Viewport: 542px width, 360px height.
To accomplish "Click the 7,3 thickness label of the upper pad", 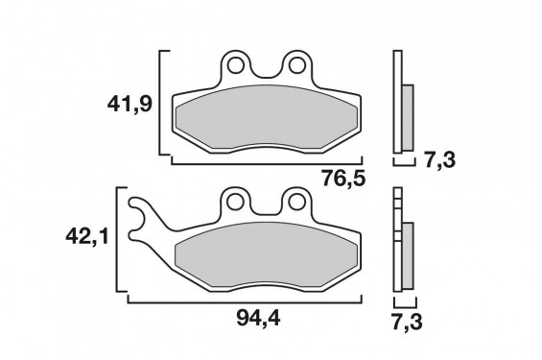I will click(x=438, y=159).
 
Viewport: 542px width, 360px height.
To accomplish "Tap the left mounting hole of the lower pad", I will click(x=233, y=202).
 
